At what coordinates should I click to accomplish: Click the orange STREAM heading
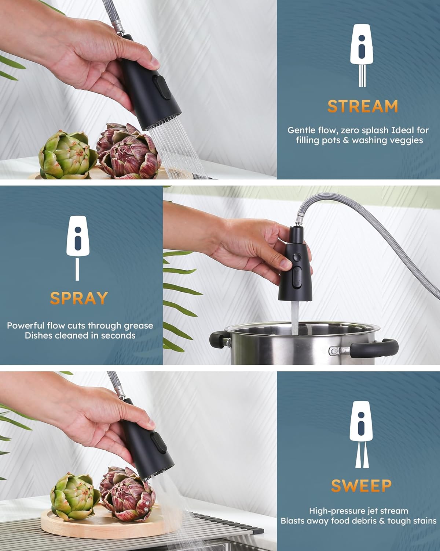(x=363, y=106)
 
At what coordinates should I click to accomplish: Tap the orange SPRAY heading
(x=79, y=298)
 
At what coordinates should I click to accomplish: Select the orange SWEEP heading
(x=361, y=486)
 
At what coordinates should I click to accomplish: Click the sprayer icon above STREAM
(x=362, y=55)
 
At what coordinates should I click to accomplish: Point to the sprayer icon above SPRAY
(x=78, y=248)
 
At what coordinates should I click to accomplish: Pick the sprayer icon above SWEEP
(x=361, y=434)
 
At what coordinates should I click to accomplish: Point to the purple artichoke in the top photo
(x=128, y=151)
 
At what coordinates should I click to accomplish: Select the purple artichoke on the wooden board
(x=127, y=495)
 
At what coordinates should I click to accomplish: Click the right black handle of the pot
(x=373, y=349)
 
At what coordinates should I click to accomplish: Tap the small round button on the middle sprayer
(x=297, y=257)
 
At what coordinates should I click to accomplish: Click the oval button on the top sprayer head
(x=162, y=87)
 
